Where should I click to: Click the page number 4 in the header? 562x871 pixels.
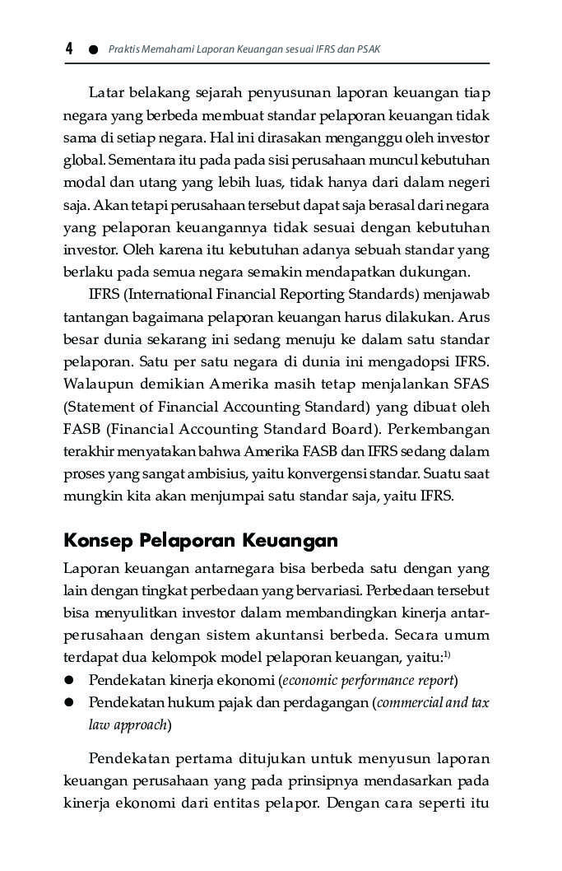(x=69, y=49)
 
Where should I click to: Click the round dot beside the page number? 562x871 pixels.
(x=93, y=50)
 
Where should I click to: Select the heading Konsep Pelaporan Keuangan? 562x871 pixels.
(x=201, y=540)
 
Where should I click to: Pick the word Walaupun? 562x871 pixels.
(x=94, y=384)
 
